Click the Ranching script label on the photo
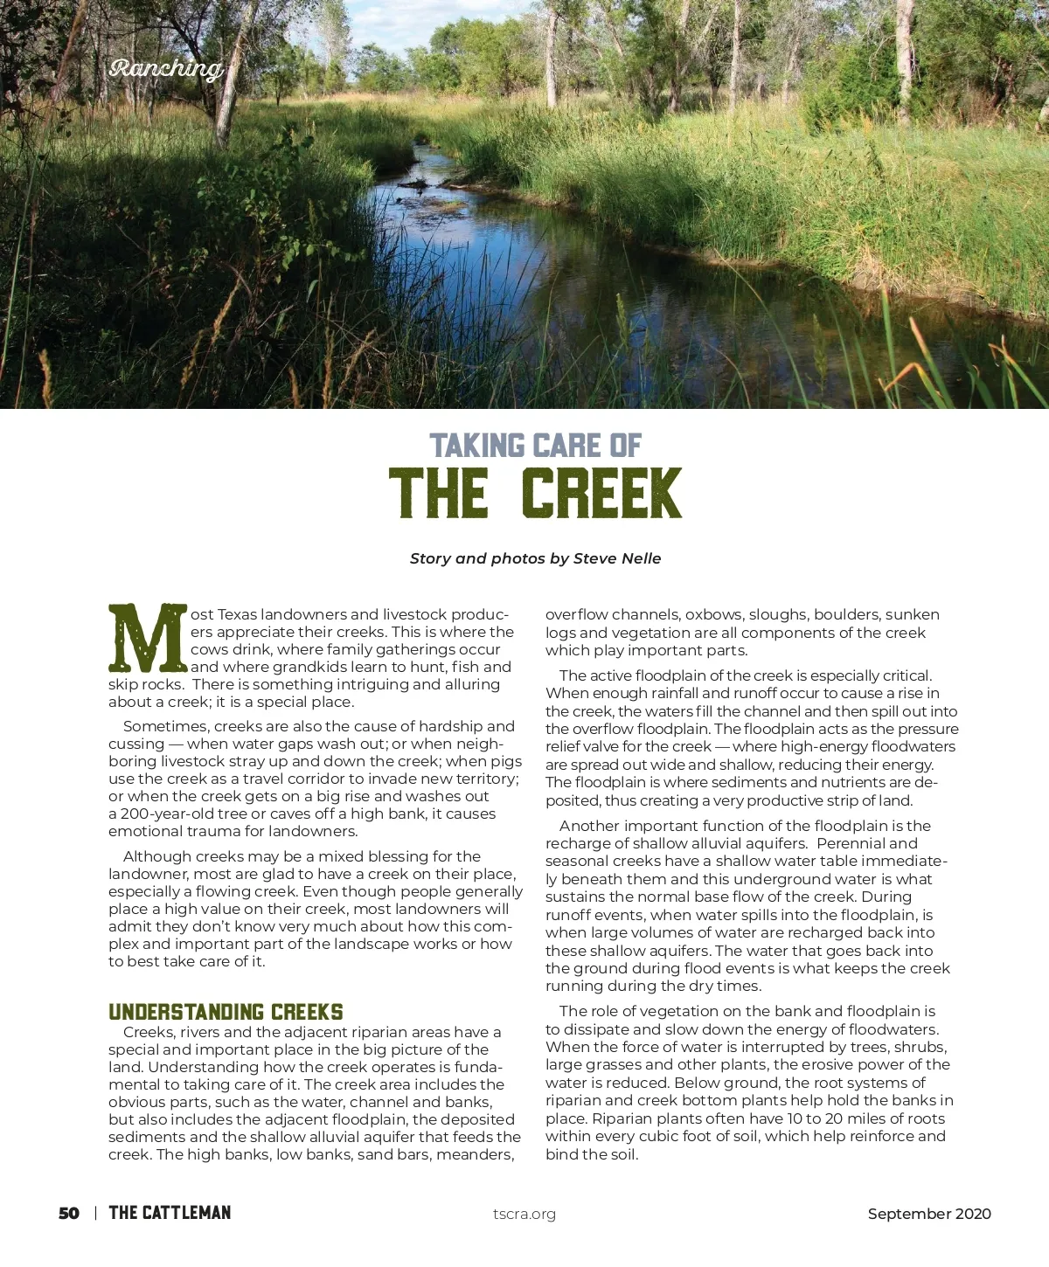(x=166, y=68)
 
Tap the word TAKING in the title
(x=477, y=446)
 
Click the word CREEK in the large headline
(x=601, y=494)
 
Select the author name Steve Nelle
(x=617, y=558)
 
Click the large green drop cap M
(x=147, y=638)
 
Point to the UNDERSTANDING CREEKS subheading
(x=226, y=1012)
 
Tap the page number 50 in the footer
(x=69, y=1214)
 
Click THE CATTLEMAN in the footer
(x=170, y=1213)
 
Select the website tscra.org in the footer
(x=524, y=1214)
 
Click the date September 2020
(x=929, y=1214)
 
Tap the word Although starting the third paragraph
(x=157, y=856)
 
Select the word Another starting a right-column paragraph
(x=589, y=826)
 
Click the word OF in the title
(x=626, y=446)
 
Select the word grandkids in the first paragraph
(x=305, y=667)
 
